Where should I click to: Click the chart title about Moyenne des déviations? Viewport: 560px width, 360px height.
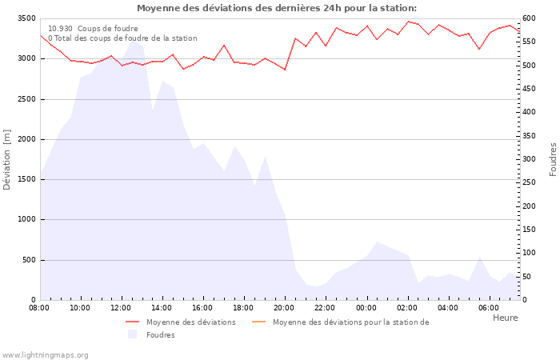click(277, 8)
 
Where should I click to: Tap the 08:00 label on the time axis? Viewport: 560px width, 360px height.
click(39, 308)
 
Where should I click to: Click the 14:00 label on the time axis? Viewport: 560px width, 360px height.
click(162, 308)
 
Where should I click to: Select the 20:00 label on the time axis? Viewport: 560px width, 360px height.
click(284, 308)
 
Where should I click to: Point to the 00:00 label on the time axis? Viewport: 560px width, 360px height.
click(366, 308)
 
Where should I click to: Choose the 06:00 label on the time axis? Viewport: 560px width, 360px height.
click(489, 308)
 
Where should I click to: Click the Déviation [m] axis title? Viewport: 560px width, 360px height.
click(7, 159)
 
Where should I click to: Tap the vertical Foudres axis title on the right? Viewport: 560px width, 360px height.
click(553, 159)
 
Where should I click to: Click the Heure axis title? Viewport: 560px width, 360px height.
click(505, 318)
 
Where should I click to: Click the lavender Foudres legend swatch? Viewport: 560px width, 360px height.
click(133, 334)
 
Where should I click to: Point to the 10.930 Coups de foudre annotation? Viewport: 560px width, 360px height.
click(93, 28)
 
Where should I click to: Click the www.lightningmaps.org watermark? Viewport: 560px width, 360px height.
click(45, 354)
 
